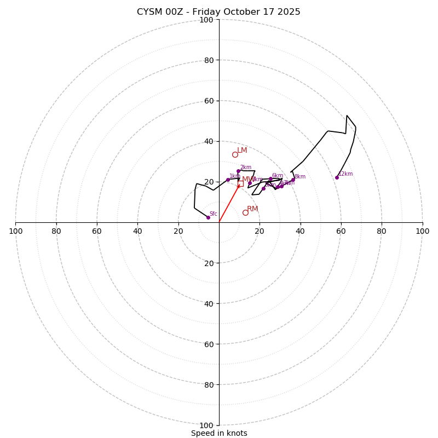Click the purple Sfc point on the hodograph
208,217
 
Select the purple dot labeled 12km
337,177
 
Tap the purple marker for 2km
238,171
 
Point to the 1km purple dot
228,180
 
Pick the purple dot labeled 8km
293,180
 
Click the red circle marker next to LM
235,154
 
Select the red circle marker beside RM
245,212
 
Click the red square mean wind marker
240,183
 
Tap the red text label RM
252,209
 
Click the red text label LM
242,151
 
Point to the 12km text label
345,174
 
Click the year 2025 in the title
289,12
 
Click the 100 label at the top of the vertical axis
206,20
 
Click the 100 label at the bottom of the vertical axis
206,425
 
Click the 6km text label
278,176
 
